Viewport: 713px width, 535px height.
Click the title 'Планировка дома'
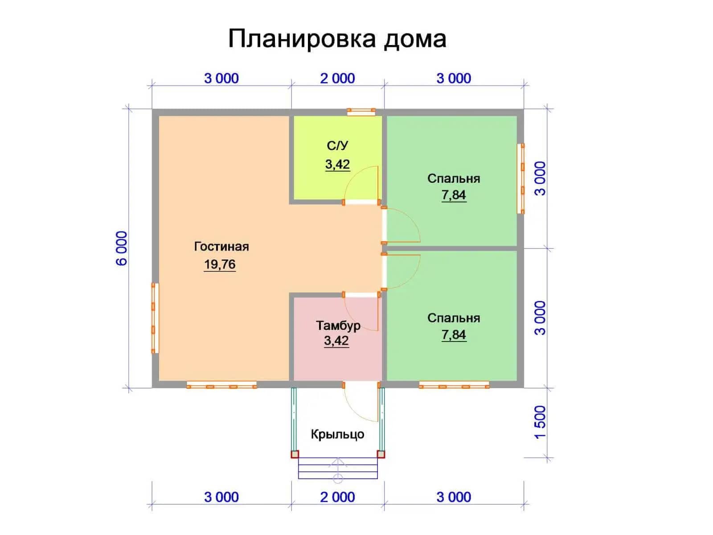pos(337,39)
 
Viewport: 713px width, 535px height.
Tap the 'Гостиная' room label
pos(221,247)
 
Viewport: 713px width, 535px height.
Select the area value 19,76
pos(220,264)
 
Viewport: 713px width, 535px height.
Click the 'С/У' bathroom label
pos(337,145)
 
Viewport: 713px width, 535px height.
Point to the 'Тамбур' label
pos(338,325)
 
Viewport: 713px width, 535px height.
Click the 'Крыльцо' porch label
pos(337,434)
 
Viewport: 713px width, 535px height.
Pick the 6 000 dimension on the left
pos(122,248)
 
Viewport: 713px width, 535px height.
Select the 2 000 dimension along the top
pos(337,78)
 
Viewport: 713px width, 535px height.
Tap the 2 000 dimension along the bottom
pos(337,497)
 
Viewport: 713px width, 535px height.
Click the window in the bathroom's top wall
pos(361,112)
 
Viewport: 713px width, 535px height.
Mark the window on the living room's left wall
pos(155,318)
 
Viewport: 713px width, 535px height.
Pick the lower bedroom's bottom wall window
pos(454,385)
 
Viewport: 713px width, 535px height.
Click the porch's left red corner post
pos(295,454)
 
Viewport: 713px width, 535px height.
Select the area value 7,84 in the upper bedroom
pos(454,195)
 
